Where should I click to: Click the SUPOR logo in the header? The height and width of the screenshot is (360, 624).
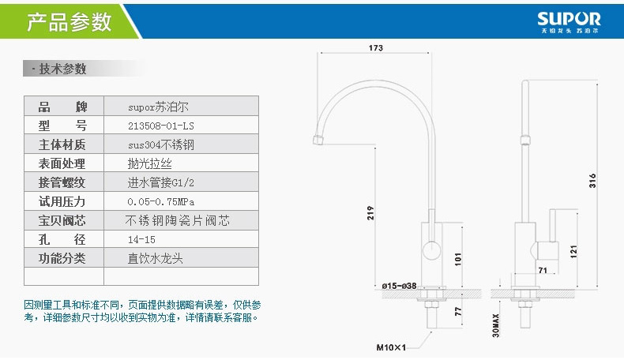pos(569,21)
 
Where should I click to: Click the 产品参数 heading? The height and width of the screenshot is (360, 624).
pos(70,21)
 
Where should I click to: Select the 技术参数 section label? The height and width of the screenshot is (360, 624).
pos(63,69)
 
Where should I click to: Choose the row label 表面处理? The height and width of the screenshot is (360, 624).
pos(62,163)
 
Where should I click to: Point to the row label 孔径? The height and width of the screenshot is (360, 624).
pos(62,239)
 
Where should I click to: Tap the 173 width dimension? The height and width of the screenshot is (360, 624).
pos(375,48)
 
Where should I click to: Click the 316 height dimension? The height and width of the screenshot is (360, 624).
pos(592,181)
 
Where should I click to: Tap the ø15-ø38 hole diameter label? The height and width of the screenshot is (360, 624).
pos(399,286)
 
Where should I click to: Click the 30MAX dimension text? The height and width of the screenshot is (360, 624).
pos(495,324)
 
